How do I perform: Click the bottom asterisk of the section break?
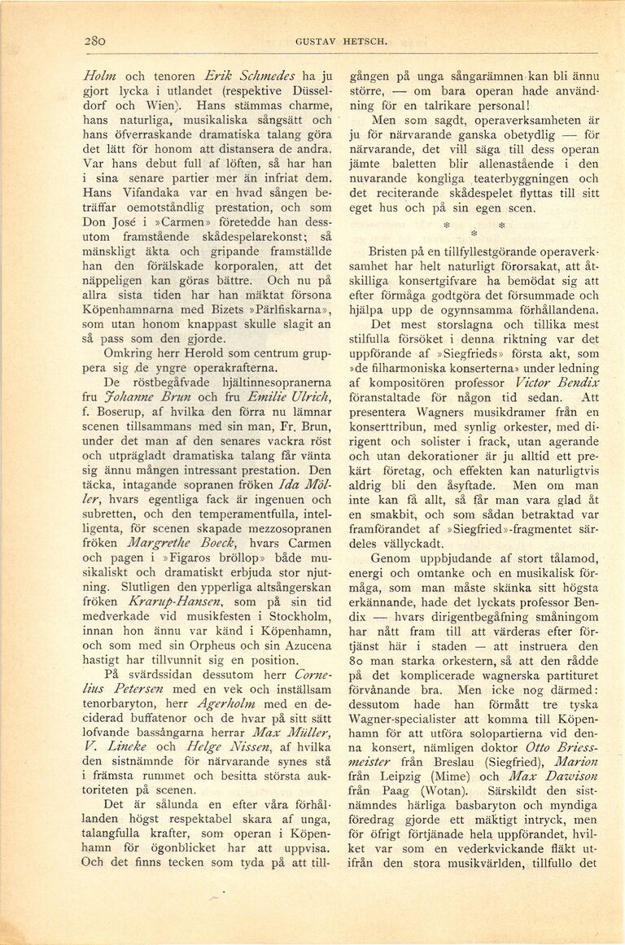pyautogui.click(x=472, y=234)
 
